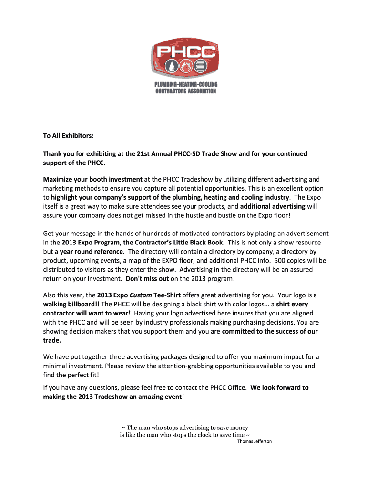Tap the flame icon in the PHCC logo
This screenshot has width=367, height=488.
pyautogui.click(x=185, y=65)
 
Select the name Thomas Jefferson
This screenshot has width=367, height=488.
pyautogui.click(x=255, y=441)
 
